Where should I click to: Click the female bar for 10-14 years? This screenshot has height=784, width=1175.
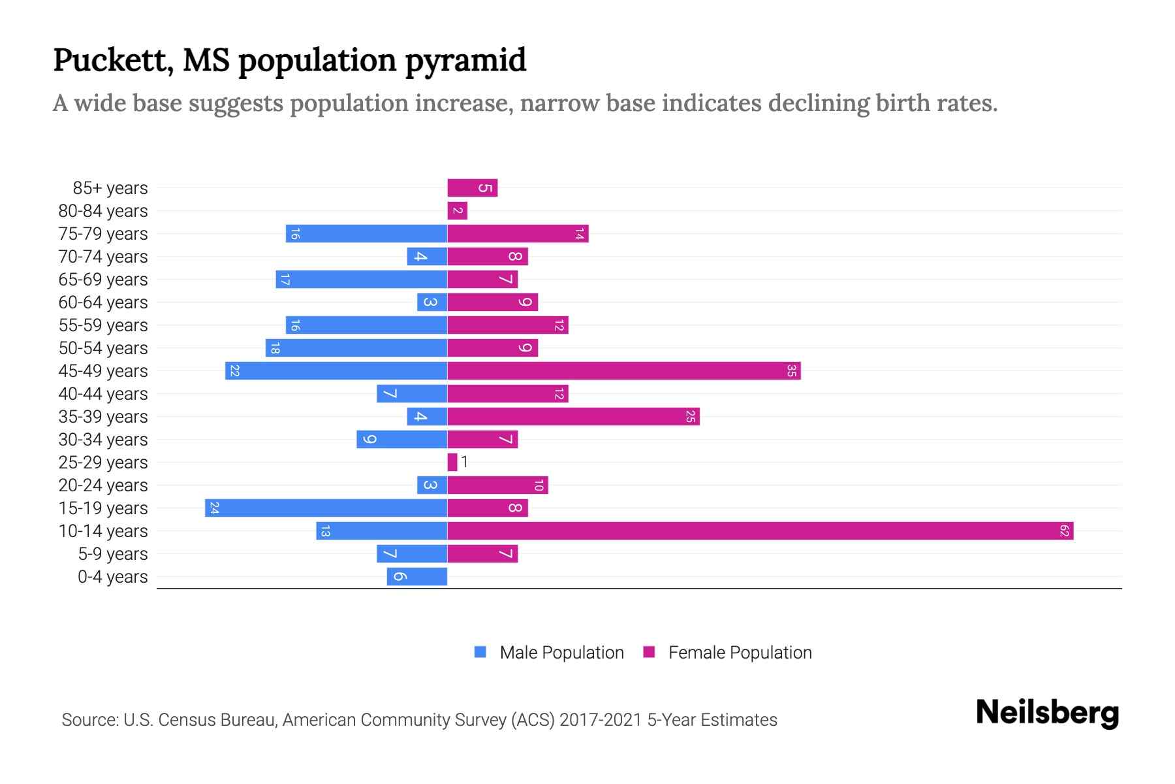point(760,531)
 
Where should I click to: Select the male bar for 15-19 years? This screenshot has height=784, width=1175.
point(326,508)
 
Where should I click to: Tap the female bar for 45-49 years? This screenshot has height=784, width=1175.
point(623,370)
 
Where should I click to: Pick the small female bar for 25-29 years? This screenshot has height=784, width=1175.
point(452,462)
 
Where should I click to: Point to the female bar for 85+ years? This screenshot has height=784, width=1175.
point(472,188)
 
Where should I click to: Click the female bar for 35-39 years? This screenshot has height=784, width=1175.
point(573,416)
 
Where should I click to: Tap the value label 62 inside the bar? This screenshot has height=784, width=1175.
point(1064,531)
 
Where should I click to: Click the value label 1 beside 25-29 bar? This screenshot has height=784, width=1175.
point(464,462)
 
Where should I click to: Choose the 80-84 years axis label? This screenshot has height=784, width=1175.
point(103,210)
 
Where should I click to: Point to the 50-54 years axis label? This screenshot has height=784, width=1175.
point(103,348)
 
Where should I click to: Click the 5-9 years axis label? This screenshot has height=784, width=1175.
point(113,553)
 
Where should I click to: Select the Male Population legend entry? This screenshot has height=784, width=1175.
point(561,652)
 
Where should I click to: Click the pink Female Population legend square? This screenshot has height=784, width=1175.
point(649,652)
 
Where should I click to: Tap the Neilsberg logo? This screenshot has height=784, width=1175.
point(1047,712)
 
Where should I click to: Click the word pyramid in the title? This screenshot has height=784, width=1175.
point(465,60)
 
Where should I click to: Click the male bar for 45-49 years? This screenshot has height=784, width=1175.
point(336,370)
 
